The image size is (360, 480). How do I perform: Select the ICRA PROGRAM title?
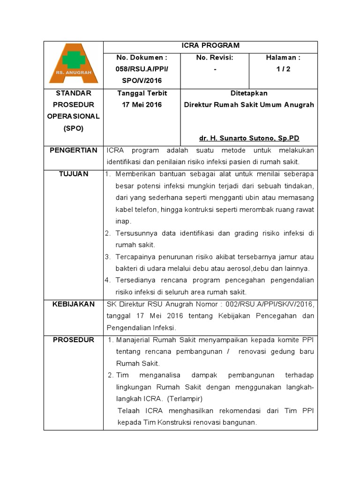click(x=210, y=46)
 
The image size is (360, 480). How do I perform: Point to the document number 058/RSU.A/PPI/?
click(x=142, y=69)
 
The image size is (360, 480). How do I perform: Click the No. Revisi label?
click(x=215, y=58)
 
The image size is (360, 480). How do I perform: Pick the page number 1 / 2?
click(x=283, y=69)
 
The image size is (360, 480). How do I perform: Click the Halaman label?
click(x=283, y=58)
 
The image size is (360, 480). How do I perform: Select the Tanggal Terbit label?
click(x=142, y=93)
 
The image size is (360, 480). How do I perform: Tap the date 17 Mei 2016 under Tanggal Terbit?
click(x=142, y=105)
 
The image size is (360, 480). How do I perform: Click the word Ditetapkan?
click(x=249, y=93)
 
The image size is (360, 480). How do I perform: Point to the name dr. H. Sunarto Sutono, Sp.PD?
click(x=249, y=139)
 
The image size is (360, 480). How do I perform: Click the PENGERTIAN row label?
click(x=73, y=150)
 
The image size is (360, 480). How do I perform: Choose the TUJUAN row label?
click(x=73, y=174)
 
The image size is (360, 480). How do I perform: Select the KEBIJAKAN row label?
click(x=73, y=304)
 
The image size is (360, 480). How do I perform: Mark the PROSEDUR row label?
click(x=73, y=340)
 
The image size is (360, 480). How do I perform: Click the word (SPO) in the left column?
click(x=73, y=128)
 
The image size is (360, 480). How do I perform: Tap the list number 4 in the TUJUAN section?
click(x=107, y=280)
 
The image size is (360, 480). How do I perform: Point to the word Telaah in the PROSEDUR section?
click(x=129, y=411)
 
